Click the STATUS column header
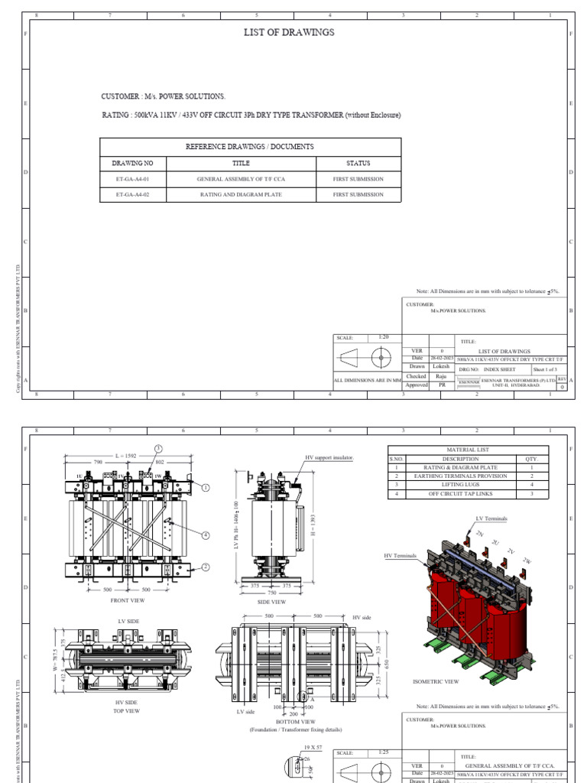pos(358,163)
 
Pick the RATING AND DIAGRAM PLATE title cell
pos(241,195)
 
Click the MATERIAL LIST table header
pos(468,450)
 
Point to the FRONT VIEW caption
pos(128,601)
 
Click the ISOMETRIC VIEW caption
pos(436,681)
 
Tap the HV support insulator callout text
pos(329,457)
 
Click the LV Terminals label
pos(491,518)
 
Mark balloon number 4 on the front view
pos(205,535)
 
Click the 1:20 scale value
pos(384,337)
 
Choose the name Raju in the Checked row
pos(441,376)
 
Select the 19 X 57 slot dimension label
pos(313,746)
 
